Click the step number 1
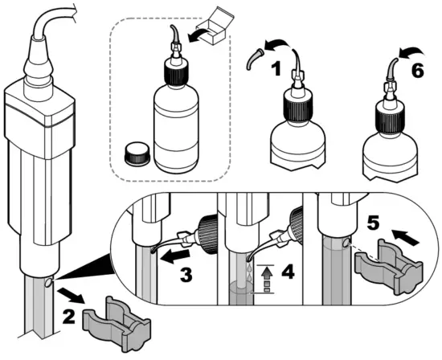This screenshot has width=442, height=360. tap(276, 69)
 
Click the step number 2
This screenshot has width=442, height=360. tap(69, 317)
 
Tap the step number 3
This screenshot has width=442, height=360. tap(186, 274)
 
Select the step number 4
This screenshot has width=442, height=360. tap(288, 272)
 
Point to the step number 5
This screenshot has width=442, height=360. tap(373, 223)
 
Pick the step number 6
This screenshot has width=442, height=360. tap(417, 70)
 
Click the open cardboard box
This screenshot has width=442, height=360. tap(215, 26)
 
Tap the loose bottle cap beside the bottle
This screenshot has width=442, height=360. tap(137, 153)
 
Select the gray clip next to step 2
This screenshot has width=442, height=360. tap(117, 323)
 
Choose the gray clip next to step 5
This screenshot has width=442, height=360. tap(389, 267)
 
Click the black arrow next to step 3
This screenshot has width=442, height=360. tap(174, 256)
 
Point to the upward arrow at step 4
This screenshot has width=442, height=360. tap(265, 279)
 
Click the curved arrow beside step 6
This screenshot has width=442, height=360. tap(411, 53)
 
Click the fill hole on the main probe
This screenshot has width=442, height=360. tap(48, 283)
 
